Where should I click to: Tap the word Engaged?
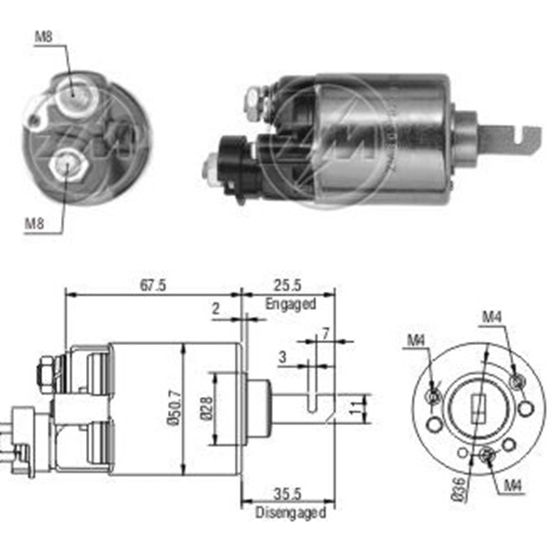[290, 304]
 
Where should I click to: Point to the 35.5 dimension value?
[290, 494]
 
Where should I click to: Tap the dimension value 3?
[282, 358]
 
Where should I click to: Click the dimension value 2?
[216, 309]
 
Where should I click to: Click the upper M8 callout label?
[44, 37]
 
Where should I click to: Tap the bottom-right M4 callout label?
[512, 485]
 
